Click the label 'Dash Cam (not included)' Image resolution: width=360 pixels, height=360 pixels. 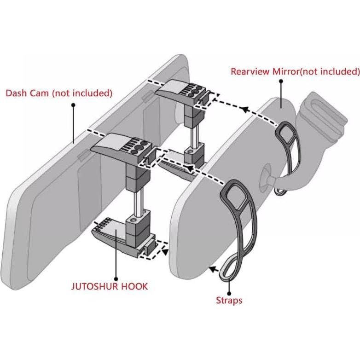(x=59, y=93)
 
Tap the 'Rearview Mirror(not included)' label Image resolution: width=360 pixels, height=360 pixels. (x=295, y=71)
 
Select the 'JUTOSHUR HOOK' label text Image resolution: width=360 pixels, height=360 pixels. (x=110, y=286)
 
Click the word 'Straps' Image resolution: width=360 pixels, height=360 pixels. (x=229, y=301)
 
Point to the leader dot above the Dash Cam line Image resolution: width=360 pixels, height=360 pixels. (x=73, y=105)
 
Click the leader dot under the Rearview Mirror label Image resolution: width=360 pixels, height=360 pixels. (x=281, y=81)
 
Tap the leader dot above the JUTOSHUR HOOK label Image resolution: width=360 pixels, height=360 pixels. (x=116, y=279)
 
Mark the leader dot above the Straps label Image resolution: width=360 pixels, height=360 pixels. (x=229, y=293)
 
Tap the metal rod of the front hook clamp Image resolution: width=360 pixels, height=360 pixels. (x=139, y=202)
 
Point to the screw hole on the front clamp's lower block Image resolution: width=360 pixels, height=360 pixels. (x=133, y=221)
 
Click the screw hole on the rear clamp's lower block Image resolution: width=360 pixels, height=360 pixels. (x=190, y=152)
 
